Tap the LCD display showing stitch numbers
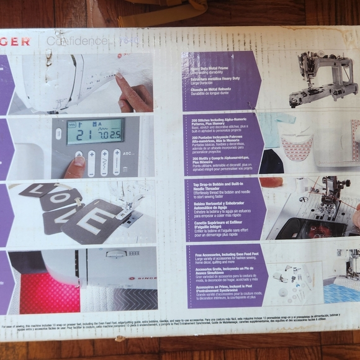coord(95,132)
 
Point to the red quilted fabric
coord(49,293)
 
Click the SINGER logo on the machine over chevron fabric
coord(146,279)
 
